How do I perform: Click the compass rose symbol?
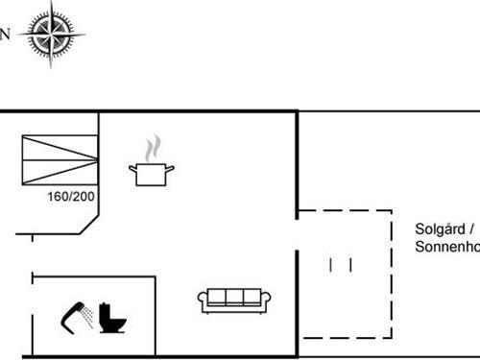[x=52, y=36]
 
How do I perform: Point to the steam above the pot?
[x=152, y=150]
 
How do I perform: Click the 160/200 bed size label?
[x=71, y=197]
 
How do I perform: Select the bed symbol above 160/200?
[x=59, y=159]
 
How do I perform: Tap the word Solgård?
[x=440, y=229]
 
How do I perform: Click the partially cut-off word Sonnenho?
[x=447, y=247]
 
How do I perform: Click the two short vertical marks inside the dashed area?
[x=340, y=264]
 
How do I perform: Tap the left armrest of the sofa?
[x=202, y=301]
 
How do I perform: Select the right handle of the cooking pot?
[x=172, y=168]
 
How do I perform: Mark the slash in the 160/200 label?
[x=71, y=197]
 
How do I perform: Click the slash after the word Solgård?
[x=472, y=229]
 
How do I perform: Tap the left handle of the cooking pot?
[x=132, y=168]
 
